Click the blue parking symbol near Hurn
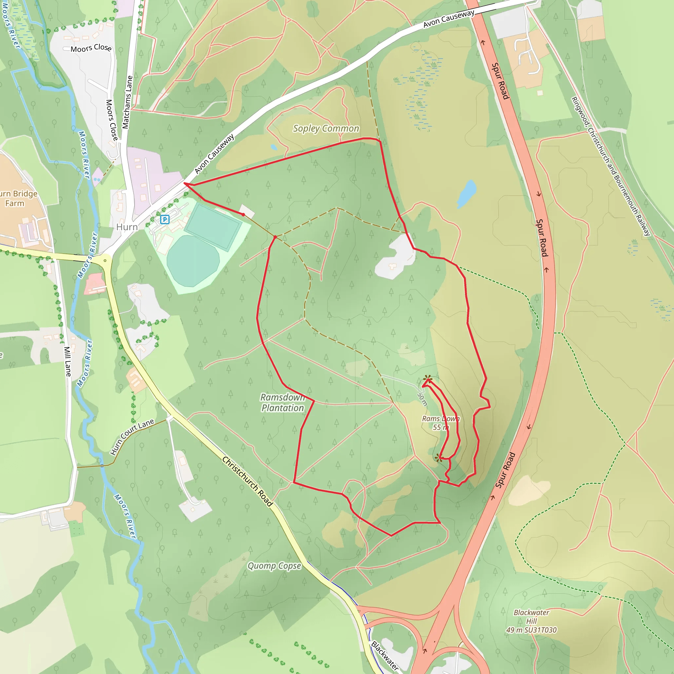coord(165,220)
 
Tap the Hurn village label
coord(127,227)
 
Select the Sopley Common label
coord(326,128)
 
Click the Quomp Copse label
coord(274,565)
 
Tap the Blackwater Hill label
coord(531,621)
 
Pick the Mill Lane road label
coord(68,361)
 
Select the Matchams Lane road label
coord(128,102)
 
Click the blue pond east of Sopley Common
coord(466,194)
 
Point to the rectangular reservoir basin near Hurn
coord(213,227)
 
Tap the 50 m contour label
coord(422,399)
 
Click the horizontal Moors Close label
coord(91,48)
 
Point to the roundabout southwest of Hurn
coord(105,260)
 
